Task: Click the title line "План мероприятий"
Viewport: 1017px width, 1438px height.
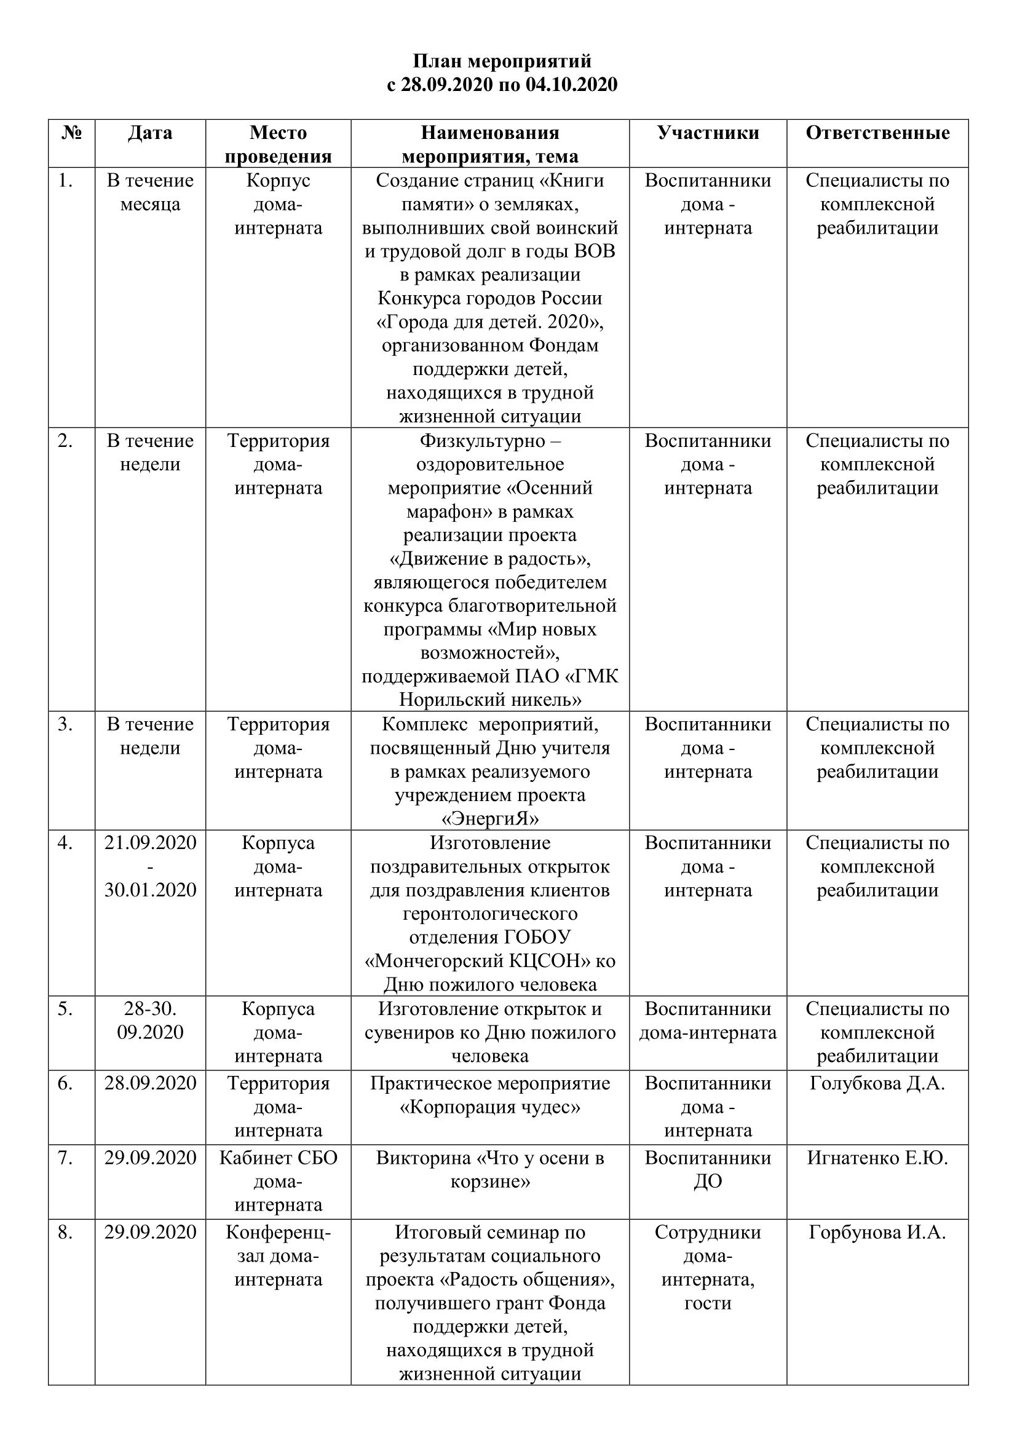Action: (502, 61)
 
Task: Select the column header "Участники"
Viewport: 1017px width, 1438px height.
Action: (708, 133)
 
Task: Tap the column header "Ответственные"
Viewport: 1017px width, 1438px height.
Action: (877, 133)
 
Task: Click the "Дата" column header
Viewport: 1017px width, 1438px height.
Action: (149, 133)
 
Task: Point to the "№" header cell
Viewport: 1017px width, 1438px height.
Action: (72, 133)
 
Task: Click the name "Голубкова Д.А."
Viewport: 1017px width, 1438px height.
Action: (877, 1083)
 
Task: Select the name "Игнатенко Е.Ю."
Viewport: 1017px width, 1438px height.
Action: (877, 1158)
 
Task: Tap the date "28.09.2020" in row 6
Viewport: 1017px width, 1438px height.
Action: (150, 1083)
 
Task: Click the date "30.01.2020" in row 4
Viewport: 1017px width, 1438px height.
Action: (150, 890)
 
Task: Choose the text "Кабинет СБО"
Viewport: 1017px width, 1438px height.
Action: (278, 1158)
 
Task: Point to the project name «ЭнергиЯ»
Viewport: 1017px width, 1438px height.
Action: (490, 819)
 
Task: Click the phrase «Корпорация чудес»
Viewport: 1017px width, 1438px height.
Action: (490, 1107)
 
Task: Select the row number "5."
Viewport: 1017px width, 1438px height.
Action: (65, 1009)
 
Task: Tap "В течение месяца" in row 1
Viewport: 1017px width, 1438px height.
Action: (150, 192)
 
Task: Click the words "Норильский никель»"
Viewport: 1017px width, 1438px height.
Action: (490, 699)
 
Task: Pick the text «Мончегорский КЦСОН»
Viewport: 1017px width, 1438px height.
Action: (473, 961)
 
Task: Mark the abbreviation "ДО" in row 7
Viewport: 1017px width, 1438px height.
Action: (708, 1182)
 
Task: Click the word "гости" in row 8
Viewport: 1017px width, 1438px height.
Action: (708, 1303)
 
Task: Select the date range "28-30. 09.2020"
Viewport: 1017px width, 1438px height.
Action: (150, 1021)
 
